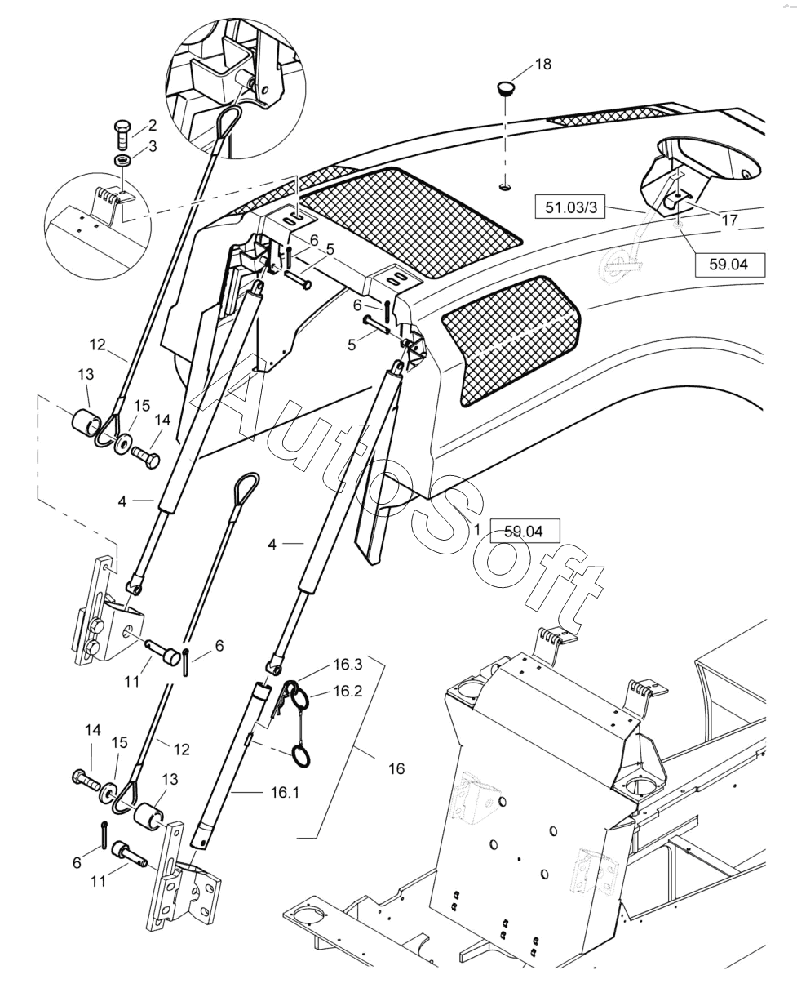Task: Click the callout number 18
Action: pos(543,64)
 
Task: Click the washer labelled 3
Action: pos(122,161)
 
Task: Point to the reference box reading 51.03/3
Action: pos(570,207)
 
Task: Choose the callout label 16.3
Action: pos(348,664)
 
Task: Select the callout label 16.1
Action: pos(285,793)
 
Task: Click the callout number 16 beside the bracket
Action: pos(396,769)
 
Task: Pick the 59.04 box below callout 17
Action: pos(730,265)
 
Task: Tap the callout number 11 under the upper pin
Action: pos(131,682)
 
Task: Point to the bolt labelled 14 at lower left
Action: pos(86,777)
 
